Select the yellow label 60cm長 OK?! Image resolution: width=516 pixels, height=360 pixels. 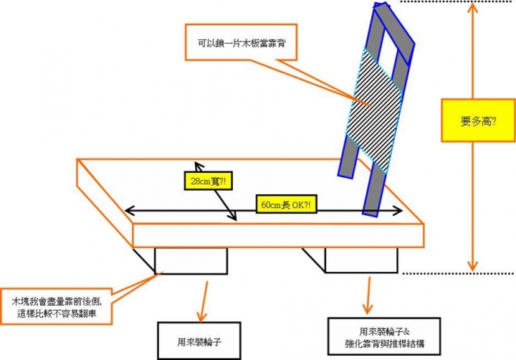point(286,204)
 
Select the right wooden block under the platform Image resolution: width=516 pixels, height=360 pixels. point(360,261)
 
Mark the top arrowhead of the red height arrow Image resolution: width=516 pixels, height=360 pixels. point(472,10)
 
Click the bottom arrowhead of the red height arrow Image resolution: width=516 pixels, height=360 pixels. point(472,265)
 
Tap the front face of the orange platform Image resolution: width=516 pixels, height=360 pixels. point(279,235)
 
